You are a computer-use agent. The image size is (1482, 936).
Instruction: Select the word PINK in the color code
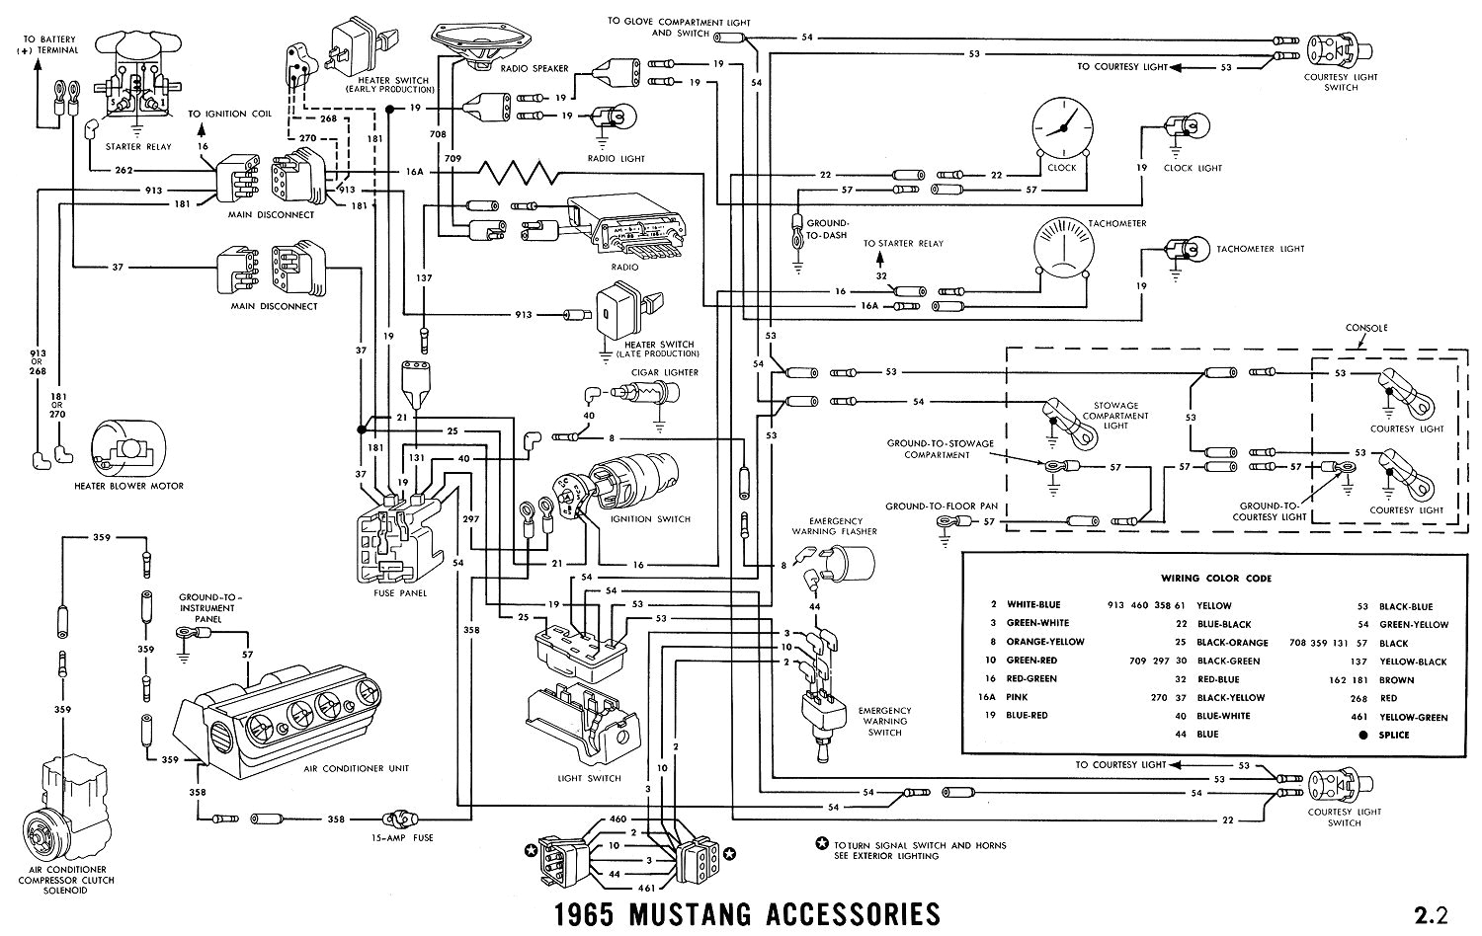pos(1019,697)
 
